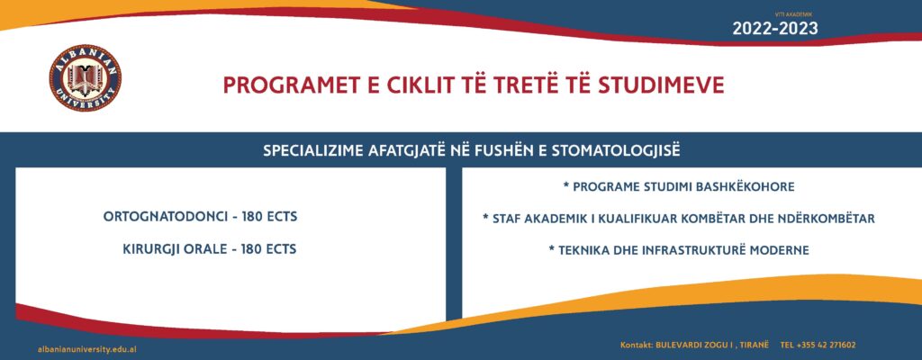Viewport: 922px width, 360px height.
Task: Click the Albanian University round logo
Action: pyautogui.click(x=86, y=77)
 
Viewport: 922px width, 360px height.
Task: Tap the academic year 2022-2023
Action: pyautogui.click(x=775, y=28)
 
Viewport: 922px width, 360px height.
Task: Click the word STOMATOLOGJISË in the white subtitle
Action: pyautogui.click(x=616, y=150)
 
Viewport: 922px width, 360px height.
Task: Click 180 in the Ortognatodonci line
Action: pyautogui.click(x=253, y=217)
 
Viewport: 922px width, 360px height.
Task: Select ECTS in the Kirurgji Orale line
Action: pyautogui.click(x=281, y=249)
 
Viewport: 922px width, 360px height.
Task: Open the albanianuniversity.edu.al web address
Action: pyautogui.click(x=87, y=349)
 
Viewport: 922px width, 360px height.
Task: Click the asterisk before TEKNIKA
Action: pyautogui.click(x=552, y=248)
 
